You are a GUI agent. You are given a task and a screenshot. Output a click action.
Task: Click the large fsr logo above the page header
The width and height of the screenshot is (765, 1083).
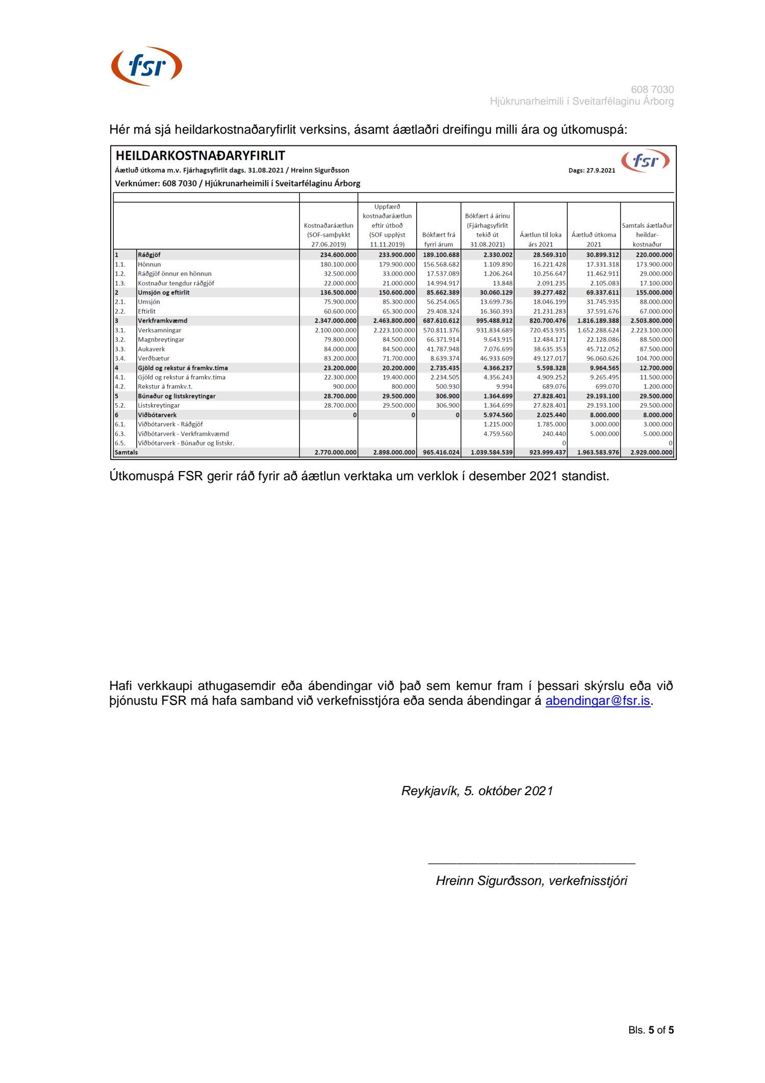click(146, 66)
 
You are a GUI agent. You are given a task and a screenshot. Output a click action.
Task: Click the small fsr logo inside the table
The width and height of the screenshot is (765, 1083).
click(645, 161)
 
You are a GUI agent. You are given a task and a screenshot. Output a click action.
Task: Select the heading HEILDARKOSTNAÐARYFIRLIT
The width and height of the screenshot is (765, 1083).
click(200, 156)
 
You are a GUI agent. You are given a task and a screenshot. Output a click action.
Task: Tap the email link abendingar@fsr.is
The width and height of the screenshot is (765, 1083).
click(598, 701)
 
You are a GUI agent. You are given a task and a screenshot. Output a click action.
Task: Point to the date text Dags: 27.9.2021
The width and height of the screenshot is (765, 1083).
click(592, 170)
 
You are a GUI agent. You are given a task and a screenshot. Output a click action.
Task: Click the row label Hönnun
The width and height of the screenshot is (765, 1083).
click(149, 264)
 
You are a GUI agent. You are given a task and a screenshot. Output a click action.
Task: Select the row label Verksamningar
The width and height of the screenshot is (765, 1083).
click(159, 330)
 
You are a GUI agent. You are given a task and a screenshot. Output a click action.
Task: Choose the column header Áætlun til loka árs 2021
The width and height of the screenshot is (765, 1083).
click(541, 239)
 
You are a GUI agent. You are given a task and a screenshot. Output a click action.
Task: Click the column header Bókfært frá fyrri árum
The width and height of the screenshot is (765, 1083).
click(439, 239)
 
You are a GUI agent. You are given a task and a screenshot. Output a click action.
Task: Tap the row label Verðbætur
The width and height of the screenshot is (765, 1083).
click(154, 358)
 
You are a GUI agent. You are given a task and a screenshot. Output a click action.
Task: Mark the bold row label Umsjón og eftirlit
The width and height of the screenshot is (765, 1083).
click(163, 292)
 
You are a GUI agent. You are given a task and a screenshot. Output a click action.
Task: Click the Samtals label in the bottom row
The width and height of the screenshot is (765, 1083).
click(126, 452)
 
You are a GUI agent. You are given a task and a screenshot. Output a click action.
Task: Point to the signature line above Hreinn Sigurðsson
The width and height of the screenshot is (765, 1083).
click(531, 863)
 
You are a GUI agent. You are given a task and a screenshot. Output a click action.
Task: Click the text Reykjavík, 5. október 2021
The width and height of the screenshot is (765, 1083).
click(477, 791)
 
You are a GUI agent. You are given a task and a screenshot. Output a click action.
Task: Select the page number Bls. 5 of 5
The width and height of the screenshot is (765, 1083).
click(651, 1030)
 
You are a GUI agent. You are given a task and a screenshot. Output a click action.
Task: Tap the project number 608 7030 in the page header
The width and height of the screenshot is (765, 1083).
click(652, 89)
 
